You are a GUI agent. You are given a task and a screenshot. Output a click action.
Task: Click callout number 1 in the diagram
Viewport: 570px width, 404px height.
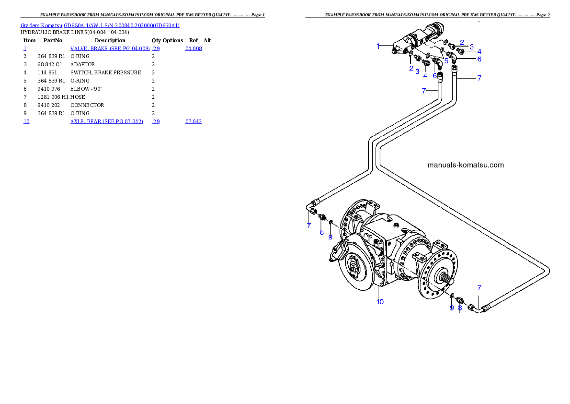click(378, 46)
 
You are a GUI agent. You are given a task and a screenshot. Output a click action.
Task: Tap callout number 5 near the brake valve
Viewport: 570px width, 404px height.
click(446, 61)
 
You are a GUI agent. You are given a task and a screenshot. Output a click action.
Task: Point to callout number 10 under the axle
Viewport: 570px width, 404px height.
click(380, 302)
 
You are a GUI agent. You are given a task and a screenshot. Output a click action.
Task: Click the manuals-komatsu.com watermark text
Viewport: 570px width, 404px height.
click(465, 165)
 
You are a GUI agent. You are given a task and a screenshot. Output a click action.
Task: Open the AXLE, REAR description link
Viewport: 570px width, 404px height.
click(106, 122)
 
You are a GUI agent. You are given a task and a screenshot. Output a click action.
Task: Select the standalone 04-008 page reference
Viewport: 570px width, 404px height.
click(194, 49)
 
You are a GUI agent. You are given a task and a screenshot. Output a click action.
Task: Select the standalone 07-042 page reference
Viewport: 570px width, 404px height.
click(194, 122)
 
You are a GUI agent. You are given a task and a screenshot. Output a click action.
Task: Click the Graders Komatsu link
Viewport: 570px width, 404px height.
click(42, 25)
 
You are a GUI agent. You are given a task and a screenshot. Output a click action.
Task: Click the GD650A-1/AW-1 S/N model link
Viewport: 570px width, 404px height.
click(122, 25)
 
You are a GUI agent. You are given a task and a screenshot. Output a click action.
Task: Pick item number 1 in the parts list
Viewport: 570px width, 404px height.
click(25, 49)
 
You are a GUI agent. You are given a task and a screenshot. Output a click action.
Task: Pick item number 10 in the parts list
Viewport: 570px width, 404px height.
click(27, 122)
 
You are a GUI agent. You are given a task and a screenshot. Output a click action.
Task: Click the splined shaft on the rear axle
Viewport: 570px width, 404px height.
click(445, 277)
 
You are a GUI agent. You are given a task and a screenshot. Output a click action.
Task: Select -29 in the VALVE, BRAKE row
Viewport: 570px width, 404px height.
click(156, 49)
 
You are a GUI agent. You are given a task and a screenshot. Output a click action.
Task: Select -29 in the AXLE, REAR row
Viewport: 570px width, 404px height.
click(156, 122)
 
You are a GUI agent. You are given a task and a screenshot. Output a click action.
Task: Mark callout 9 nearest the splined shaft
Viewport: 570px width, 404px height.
click(452, 308)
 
